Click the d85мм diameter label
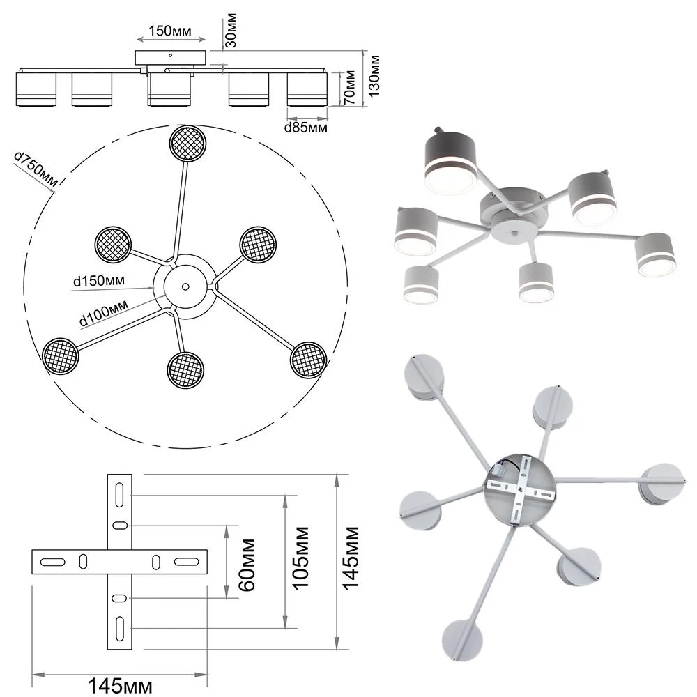pos(306,128)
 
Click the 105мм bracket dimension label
pos(301,563)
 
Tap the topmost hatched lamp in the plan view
pos(188,143)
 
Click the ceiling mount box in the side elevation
pos(171,57)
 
